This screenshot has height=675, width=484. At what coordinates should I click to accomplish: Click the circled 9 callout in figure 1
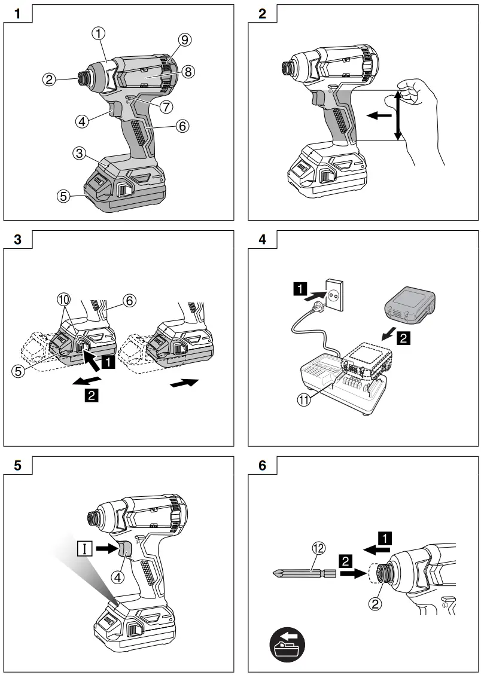[x=184, y=41]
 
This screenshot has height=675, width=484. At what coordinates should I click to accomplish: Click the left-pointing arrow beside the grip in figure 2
[x=376, y=117]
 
